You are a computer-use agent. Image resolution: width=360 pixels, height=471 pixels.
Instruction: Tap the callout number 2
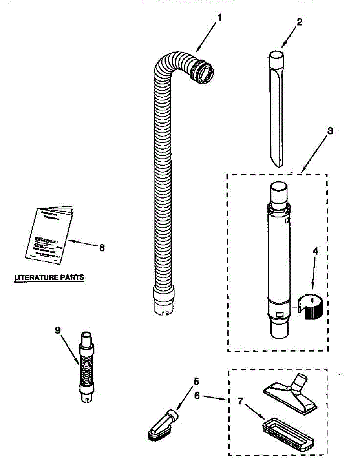tap(299, 22)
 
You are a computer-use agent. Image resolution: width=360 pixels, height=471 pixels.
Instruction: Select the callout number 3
tap(330, 131)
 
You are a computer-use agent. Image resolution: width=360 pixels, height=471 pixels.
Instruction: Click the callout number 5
tap(196, 381)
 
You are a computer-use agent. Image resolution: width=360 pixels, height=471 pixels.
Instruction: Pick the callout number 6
tap(197, 396)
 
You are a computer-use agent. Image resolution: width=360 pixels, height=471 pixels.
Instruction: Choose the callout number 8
tap(102, 248)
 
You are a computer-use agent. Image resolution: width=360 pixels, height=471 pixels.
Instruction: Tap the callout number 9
tap(58, 330)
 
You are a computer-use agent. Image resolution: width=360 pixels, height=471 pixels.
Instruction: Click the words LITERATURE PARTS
tap(49, 277)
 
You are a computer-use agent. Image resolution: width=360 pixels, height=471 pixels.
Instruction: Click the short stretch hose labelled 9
tap(86, 367)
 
